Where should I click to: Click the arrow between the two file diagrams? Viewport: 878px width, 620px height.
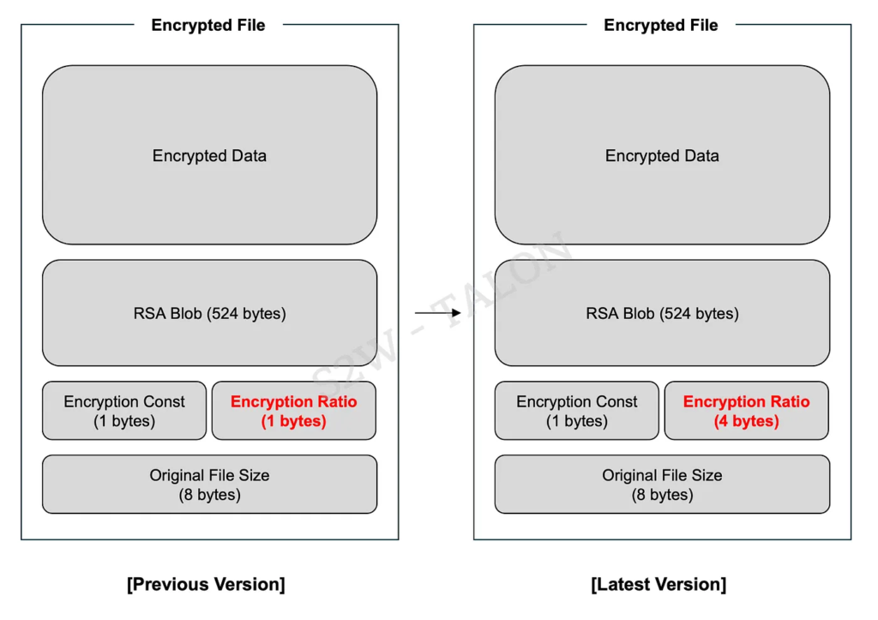(437, 313)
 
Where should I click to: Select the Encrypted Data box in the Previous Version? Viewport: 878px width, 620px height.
(209, 155)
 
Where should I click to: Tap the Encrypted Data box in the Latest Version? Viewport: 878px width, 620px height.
(662, 155)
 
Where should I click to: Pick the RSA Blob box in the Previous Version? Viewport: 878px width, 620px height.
(209, 313)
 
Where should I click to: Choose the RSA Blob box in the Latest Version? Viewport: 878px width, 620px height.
(662, 313)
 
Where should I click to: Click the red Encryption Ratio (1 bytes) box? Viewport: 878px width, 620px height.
(293, 411)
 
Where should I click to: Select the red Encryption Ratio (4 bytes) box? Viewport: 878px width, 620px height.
(746, 411)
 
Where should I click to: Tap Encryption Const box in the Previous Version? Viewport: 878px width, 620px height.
(124, 411)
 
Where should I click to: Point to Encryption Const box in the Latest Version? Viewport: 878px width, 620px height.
(577, 411)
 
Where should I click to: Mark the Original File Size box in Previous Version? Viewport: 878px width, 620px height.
(209, 485)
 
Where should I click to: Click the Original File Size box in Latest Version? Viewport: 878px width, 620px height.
(662, 485)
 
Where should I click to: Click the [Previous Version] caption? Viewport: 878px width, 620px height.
(206, 585)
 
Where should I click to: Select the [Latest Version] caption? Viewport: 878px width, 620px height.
(658, 585)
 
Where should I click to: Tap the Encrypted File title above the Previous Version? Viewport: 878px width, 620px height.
(208, 25)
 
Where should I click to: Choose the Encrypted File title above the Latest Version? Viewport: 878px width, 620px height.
(661, 25)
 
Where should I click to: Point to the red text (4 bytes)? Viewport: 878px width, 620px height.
(746, 421)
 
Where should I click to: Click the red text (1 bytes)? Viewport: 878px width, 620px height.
(293, 421)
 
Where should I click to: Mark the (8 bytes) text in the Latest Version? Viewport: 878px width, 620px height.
(662, 495)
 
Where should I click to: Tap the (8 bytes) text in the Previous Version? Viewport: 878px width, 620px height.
(209, 495)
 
